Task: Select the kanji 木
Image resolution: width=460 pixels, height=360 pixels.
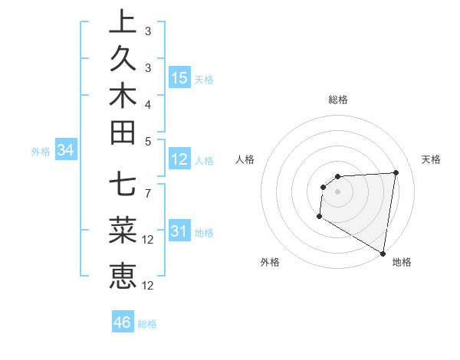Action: click(x=123, y=95)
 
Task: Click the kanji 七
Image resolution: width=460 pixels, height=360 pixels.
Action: click(x=123, y=184)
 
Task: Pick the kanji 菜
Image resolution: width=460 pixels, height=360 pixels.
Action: click(x=123, y=229)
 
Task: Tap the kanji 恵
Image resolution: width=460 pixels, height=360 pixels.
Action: click(x=123, y=274)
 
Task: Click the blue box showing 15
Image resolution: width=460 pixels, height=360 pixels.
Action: click(x=179, y=78)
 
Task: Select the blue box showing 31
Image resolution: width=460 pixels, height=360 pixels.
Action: click(x=179, y=231)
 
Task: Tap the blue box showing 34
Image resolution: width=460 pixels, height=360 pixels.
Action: click(x=66, y=151)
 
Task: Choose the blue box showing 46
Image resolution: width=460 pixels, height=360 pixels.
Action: click(x=123, y=322)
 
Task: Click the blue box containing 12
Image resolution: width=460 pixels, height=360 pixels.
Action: click(x=179, y=159)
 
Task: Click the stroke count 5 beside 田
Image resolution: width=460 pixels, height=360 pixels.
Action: click(x=148, y=140)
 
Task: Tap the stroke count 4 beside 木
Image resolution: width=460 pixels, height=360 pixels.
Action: click(x=148, y=103)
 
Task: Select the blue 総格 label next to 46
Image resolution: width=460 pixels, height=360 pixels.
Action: click(x=147, y=324)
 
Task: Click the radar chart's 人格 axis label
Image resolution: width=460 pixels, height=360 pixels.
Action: click(x=245, y=159)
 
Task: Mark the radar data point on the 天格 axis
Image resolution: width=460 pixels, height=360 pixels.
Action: click(x=396, y=172)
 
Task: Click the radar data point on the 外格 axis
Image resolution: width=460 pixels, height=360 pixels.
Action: click(x=319, y=218)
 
